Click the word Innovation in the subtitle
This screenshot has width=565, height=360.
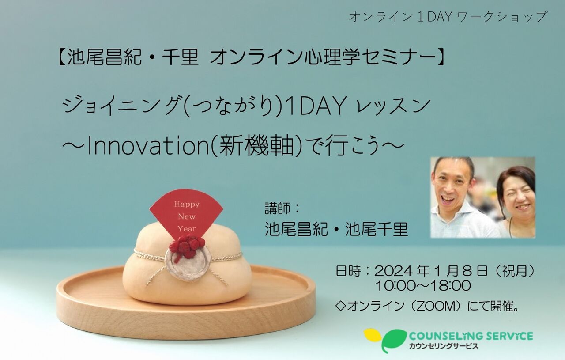[148, 147]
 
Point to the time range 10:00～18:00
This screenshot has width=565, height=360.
[423, 286]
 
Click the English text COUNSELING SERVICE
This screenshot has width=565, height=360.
[471, 336]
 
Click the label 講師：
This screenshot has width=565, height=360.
[282, 209]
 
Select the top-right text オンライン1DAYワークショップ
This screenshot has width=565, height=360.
[448, 17]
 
